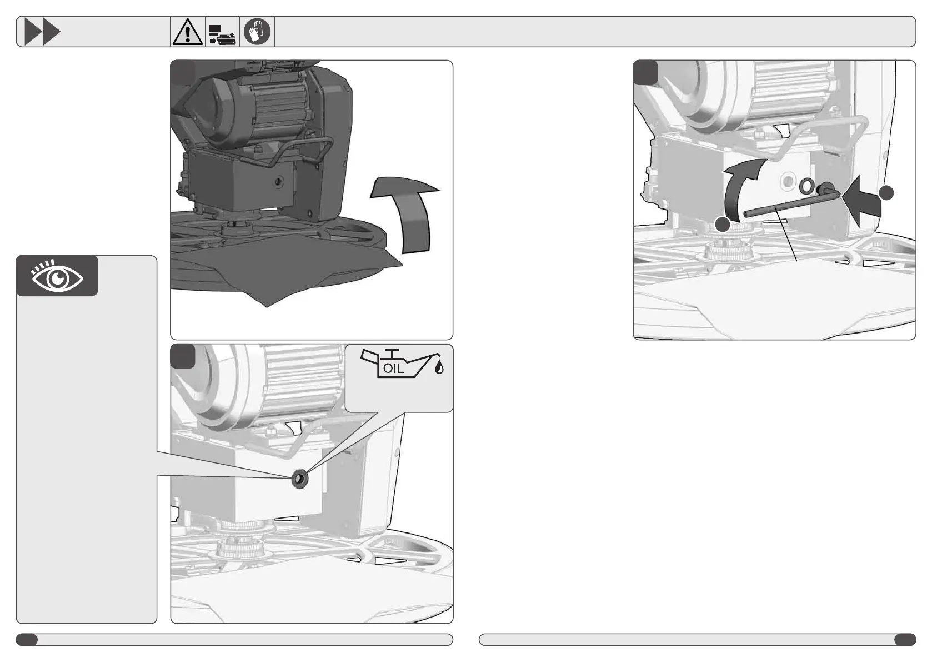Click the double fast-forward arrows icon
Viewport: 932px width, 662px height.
pyautogui.click(x=42, y=31)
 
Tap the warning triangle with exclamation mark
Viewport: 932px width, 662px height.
pyautogui.click(x=188, y=32)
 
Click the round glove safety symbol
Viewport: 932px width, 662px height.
pyautogui.click(x=257, y=31)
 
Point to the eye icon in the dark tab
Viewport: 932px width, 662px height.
pyautogui.click(x=57, y=277)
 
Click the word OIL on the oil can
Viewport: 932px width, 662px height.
pyautogui.click(x=393, y=369)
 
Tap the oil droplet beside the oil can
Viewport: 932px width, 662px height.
pyautogui.click(x=439, y=367)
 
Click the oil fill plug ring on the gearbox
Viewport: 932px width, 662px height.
pyautogui.click(x=300, y=479)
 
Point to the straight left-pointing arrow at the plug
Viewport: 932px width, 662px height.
pyautogui.click(x=861, y=202)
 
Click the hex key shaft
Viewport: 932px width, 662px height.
pyautogui.click(x=790, y=204)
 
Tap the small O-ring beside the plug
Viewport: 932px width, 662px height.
pyautogui.click(x=807, y=186)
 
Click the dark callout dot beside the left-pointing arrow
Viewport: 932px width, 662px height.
pyautogui.click(x=886, y=193)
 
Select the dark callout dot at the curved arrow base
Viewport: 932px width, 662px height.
pyautogui.click(x=723, y=225)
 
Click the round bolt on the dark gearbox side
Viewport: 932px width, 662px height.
pyautogui.click(x=278, y=181)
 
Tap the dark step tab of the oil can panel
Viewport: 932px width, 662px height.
pyautogui.click(x=183, y=356)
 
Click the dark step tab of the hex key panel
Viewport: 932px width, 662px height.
pyautogui.click(x=645, y=72)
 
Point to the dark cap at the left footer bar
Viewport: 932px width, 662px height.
pyautogui.click(x=27, y=640)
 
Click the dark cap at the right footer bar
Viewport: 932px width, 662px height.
pyautogui.click(x=905, y=640)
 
